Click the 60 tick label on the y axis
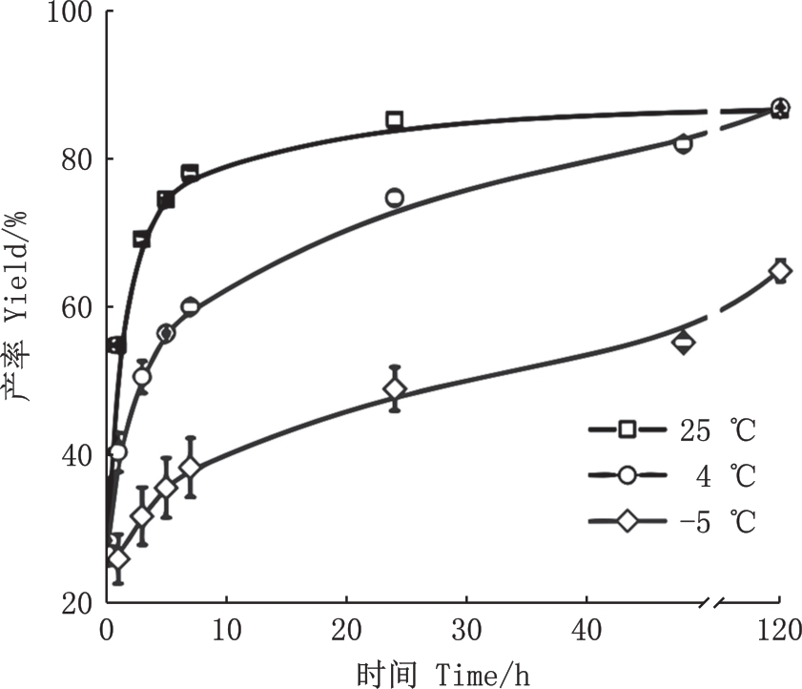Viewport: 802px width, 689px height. pyautogui.click(x=74, y=307)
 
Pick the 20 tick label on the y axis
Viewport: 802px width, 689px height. pyautogui.click(x=74, y=603)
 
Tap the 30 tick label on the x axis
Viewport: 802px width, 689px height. pyautogui.click(x=467, y=631)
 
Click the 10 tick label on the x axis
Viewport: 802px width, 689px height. pyautogui.click(x=226, y=631)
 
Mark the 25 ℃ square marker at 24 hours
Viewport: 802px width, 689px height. pyautogui.click(x=395, y=120)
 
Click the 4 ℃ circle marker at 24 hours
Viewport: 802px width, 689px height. pyautogui.click(x=395, y=198)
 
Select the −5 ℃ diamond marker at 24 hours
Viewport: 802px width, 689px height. pyautogui.click(x=395, y=388)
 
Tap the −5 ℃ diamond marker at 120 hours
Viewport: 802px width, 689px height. pyautogui.click(x=780, y=271)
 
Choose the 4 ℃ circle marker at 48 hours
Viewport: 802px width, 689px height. pyautogui.click(x=683, y=144)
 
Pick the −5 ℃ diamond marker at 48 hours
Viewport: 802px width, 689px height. pyautogui.click(x=683, y=342)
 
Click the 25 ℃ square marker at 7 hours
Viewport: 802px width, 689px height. pyautogui.click(x=190, y=174)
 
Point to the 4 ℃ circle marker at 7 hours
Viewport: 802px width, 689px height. pyautogui.click(x=190, y=306)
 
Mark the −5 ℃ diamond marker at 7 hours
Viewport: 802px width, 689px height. pyautogui.click(x=190, y=468)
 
